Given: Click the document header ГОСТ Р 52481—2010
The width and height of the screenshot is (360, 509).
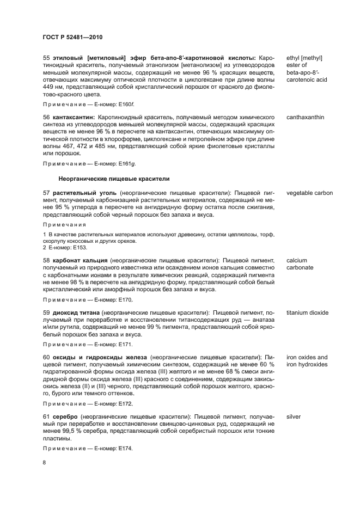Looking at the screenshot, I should pos(72,37).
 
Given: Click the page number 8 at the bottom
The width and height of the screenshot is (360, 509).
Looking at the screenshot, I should pos(45,462).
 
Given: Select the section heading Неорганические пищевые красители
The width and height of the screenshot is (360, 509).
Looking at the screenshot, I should pos(114,178).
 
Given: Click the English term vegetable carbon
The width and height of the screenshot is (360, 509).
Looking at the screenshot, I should pos(309,193).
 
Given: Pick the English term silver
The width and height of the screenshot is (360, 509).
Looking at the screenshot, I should pos(294,416).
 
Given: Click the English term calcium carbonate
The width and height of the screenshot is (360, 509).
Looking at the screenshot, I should pos(300,264).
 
